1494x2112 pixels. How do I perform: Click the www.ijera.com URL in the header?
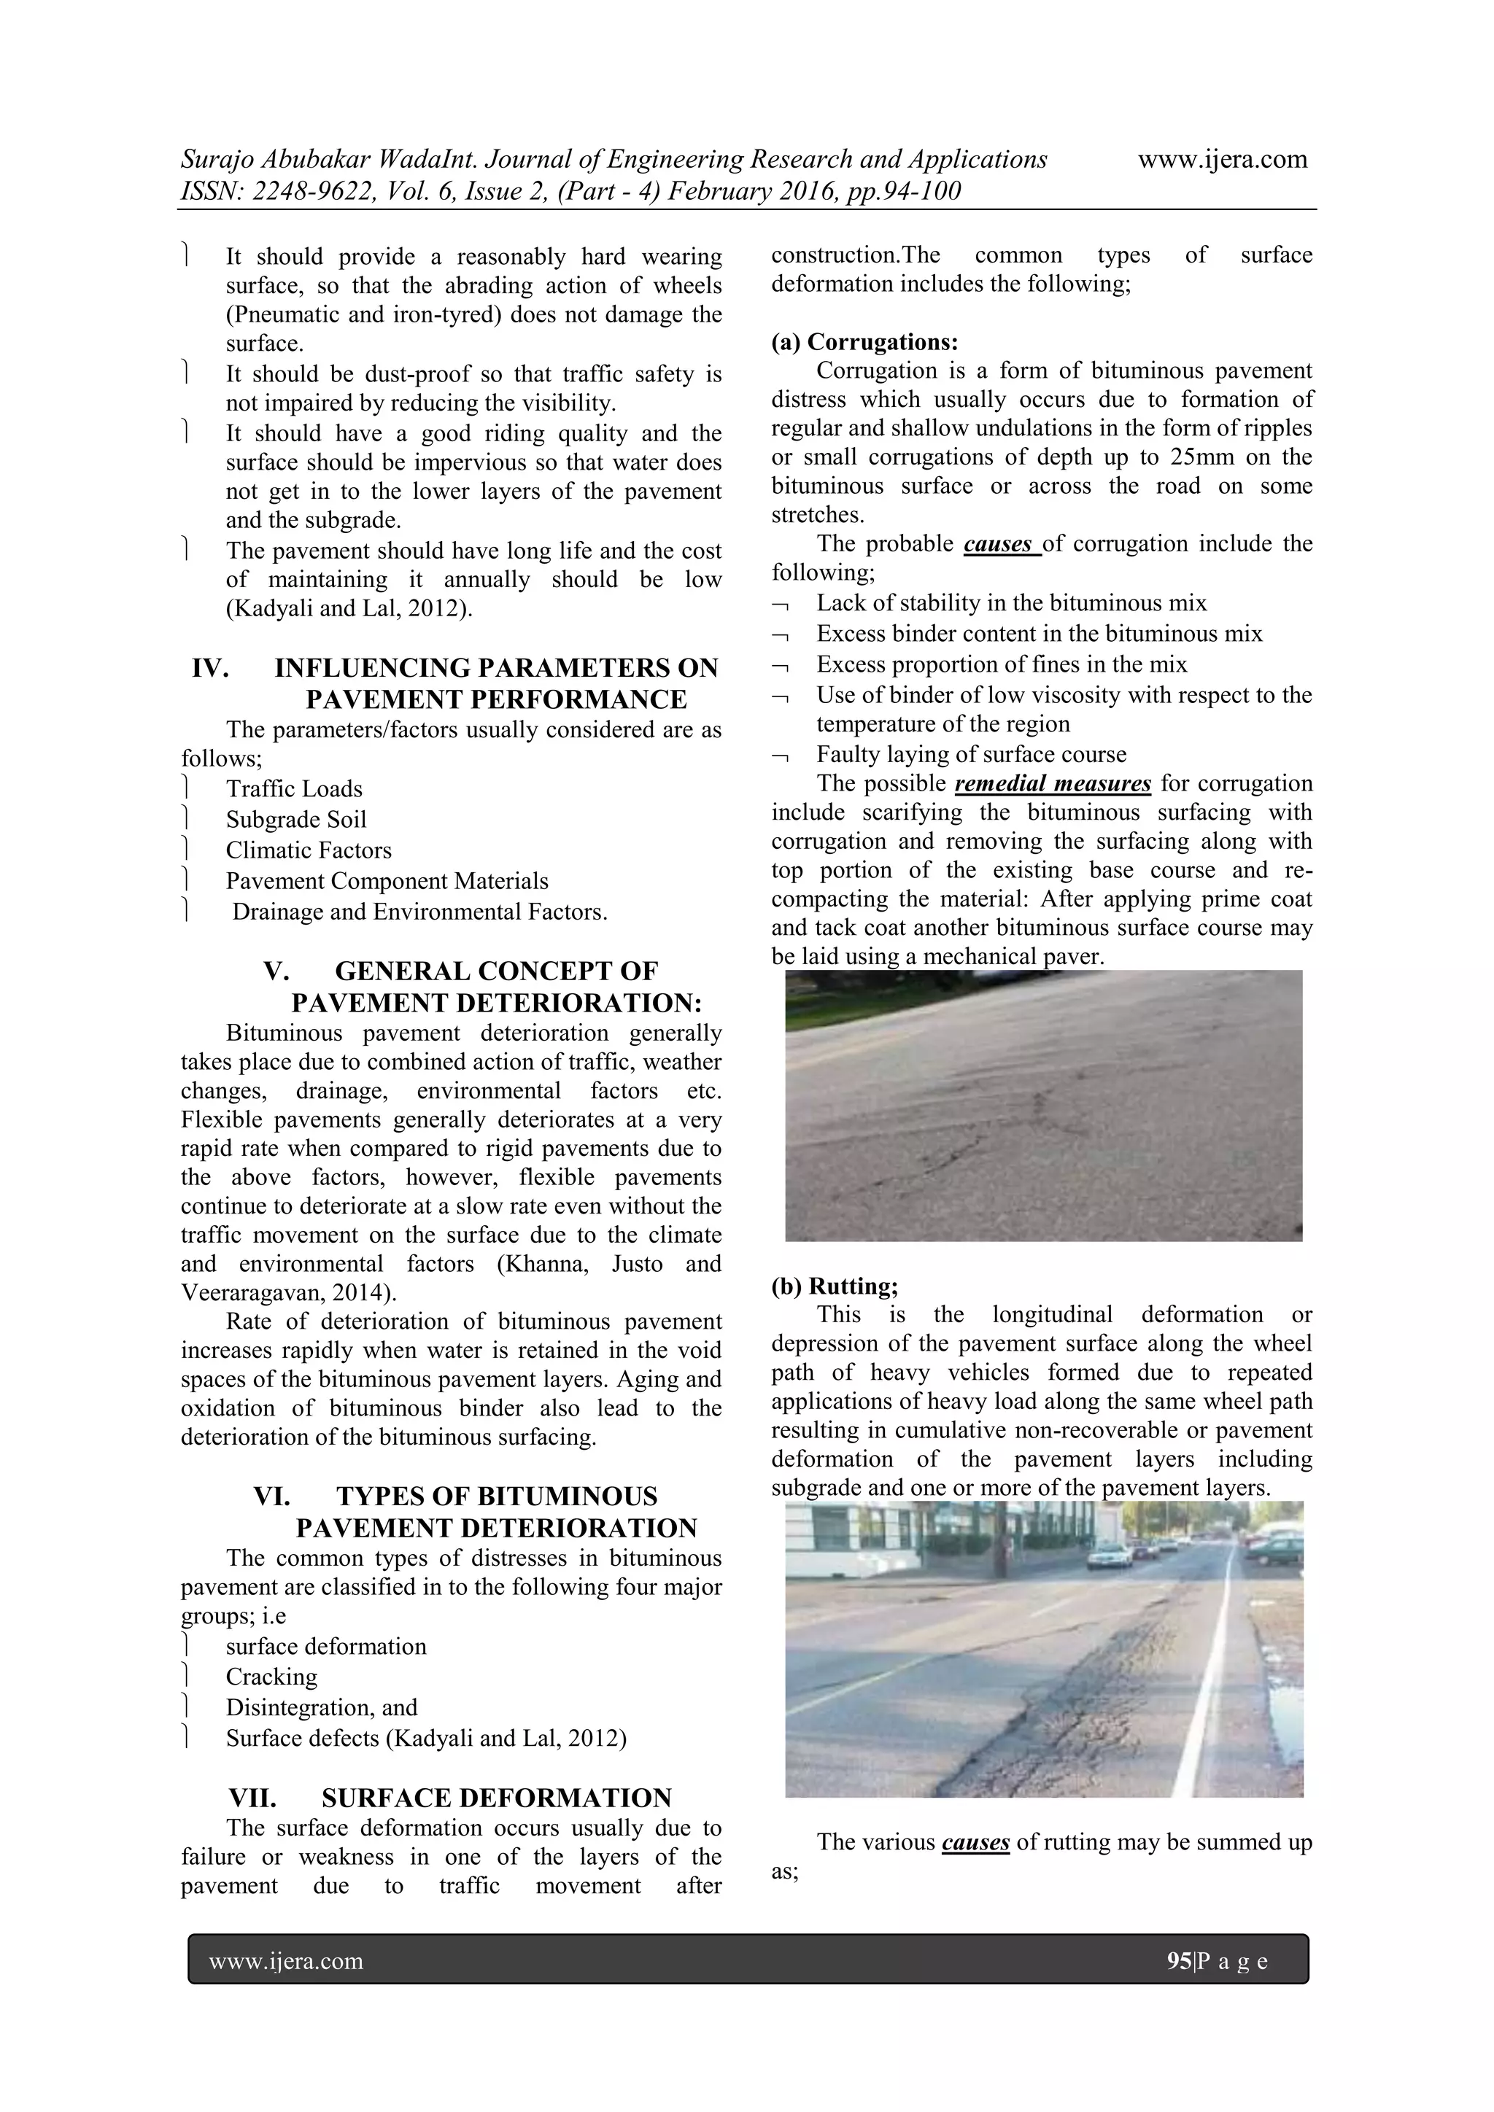coord(1222,159)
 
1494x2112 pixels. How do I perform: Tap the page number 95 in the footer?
coord(1178,1961)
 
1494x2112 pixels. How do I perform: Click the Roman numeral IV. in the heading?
coord(211,668)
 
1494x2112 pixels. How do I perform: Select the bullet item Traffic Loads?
coord(293,788)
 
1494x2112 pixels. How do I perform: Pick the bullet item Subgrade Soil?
coord(295,820)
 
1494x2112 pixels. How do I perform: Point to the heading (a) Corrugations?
coord(864,342)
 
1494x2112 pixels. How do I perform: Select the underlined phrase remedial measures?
coord(1053,784)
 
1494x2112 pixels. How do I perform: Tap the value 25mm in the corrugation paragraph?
coord(1202,457)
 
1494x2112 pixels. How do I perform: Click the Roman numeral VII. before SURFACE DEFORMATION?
coord(252,1798)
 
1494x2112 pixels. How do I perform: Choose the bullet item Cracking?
coord(271,1677)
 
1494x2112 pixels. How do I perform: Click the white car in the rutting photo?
coord(1109,1556)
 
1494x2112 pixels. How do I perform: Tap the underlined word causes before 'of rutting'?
coord(975,1841)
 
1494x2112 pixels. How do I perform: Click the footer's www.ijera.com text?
coord(286,1961)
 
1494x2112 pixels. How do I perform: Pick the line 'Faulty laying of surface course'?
coord(970,754)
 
